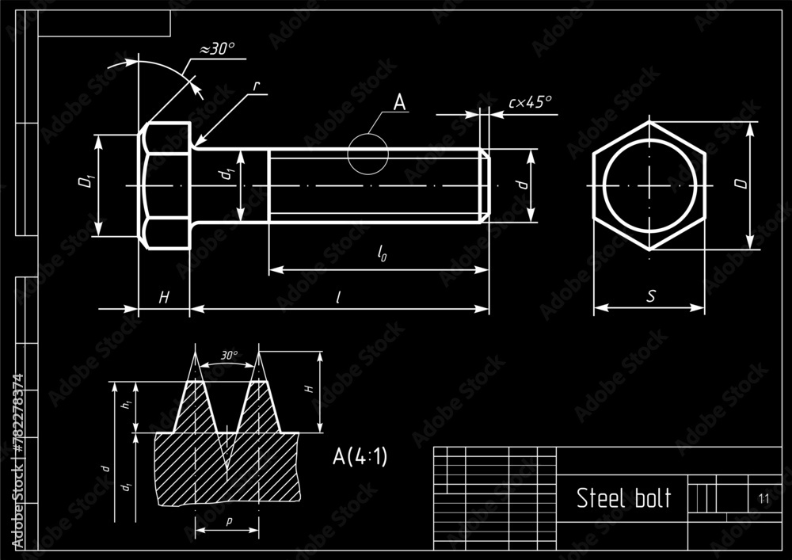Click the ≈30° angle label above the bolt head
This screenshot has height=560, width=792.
point(217,49)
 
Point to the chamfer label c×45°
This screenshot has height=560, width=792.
point(530,102)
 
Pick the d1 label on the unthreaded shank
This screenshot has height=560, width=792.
point(228,175)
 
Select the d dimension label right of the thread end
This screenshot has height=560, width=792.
point(520,184)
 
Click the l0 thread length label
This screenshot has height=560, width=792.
point(383,254)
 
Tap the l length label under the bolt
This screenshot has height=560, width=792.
point(338,297)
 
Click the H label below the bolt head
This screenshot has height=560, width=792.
point(164,297)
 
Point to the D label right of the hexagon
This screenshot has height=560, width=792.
point(740,184)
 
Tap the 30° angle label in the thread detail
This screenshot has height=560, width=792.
point(229,356)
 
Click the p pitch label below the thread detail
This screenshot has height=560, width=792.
point(229,521)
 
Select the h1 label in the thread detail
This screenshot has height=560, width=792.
point(124,406)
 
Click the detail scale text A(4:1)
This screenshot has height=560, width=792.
point(360,456)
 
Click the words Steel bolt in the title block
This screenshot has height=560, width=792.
point(623,498)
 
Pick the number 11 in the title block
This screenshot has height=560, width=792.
point(763,498)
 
